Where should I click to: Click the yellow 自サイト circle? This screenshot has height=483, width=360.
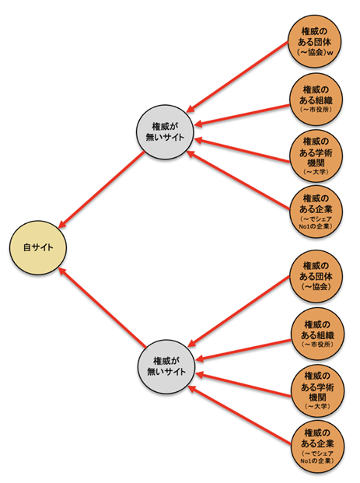38,247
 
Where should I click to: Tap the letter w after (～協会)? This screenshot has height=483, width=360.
330,53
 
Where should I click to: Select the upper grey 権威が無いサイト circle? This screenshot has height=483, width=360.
165,132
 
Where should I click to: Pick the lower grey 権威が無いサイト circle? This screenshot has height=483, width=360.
166,366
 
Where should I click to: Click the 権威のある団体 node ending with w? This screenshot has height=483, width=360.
315,41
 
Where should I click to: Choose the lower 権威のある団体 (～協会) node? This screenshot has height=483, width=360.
316,276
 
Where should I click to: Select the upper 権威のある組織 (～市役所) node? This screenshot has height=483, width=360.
316,100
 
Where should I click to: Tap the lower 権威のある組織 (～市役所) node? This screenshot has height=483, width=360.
318,334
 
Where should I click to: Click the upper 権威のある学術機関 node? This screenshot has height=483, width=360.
316,156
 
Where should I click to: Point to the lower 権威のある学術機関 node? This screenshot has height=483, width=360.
318,390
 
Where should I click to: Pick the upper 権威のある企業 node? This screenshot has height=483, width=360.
316,212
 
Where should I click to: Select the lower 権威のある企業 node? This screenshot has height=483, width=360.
318,446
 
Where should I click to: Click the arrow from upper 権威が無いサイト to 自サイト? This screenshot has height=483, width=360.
102,190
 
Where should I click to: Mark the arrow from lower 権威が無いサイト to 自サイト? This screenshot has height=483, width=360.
102,307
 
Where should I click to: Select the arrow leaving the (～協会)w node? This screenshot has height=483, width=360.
237,76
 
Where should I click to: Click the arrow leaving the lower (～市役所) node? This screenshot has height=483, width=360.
243,350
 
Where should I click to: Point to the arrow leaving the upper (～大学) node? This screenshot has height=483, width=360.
242,150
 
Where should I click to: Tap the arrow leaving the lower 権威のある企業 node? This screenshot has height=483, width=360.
239,415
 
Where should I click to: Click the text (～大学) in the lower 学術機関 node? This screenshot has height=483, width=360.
318,406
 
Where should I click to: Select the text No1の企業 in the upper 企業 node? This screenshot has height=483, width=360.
316,226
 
